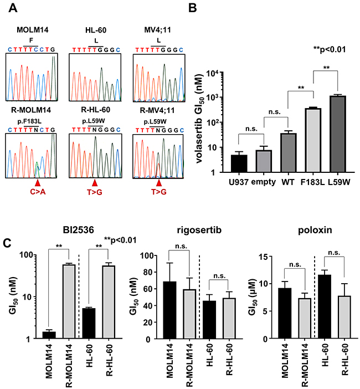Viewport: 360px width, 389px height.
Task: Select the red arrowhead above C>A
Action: (x=37, y=182)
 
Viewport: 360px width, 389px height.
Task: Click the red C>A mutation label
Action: (x=38, y=193)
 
